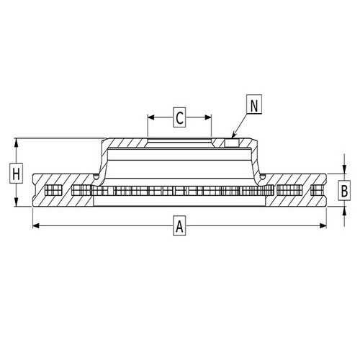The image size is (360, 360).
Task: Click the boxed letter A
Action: point(180,227)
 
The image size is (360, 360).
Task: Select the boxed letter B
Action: point(345,191)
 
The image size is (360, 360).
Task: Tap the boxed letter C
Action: point(180,115)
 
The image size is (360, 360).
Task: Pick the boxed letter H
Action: point(15,173)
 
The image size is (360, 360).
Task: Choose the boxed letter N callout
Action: point(254,105)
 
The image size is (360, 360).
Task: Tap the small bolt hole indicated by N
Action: point(231,142)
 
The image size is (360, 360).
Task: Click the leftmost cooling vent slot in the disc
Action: point(50,191)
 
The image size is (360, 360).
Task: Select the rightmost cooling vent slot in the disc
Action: point(317,191)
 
